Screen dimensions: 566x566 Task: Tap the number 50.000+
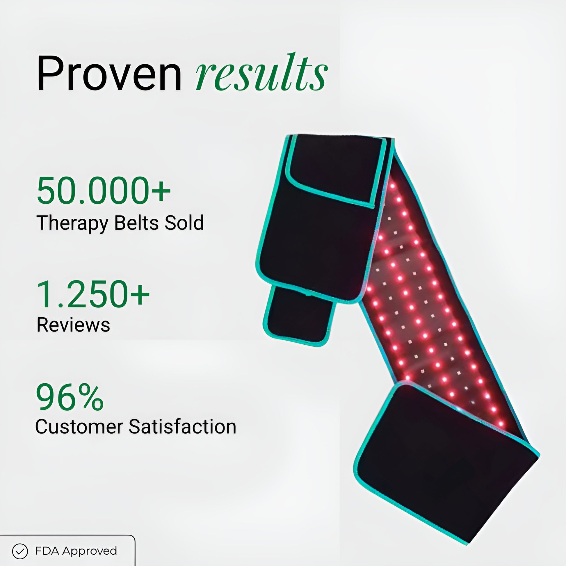pyautogui.click(x=104, y=191)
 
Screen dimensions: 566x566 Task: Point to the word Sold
pyautogui.click(x=184, y=223)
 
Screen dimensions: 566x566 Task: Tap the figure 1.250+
pyautogui.click(x=93, y=294)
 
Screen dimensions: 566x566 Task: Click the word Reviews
pyautogui.click(x=73, y=325)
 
